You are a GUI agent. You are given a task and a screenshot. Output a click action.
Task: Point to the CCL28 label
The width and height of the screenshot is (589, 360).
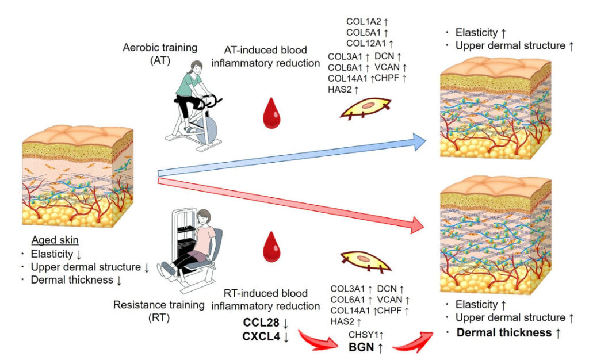pyautogui.click(x=258, y=324)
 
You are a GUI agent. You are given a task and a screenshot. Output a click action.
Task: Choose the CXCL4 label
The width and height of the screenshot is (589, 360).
pyautogui.click(x=258, y=338)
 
